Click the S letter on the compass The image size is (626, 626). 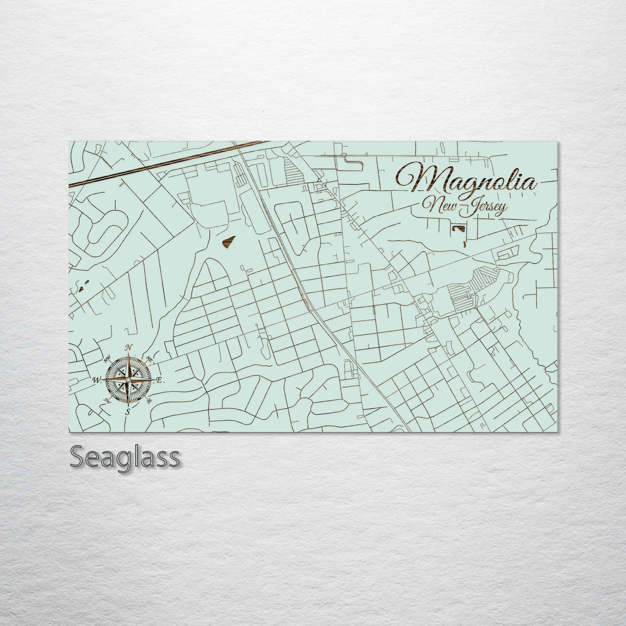tap(128, 412)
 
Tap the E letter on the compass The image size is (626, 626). tap(159, 380)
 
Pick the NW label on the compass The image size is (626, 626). tap(107, 360)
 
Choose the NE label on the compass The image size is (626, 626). tap(149, 359)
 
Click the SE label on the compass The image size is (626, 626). tap(149, 401)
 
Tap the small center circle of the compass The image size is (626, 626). tap(128, 379)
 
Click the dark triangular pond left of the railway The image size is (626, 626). tap(229, 241)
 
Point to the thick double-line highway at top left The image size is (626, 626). tap(162, 165)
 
